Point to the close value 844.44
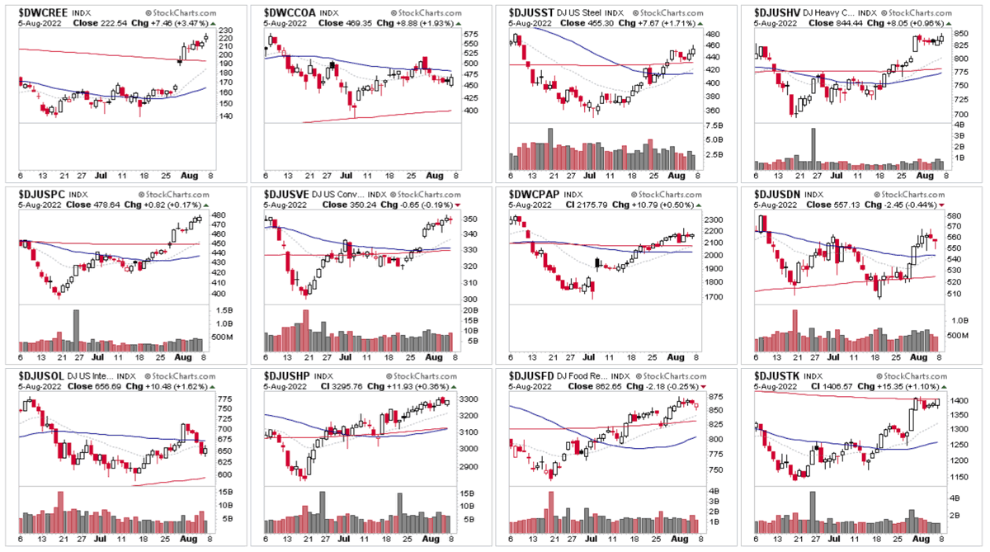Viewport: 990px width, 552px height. (840, 23)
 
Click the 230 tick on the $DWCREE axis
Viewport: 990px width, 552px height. (224, 31)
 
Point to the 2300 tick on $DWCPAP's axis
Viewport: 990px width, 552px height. (715, 220)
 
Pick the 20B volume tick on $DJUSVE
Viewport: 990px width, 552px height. (469, 309)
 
